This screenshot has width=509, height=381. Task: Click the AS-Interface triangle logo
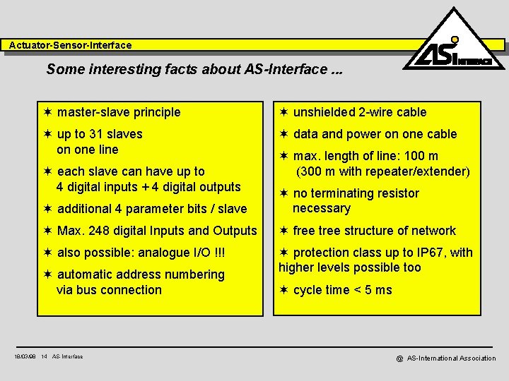coord(454,44)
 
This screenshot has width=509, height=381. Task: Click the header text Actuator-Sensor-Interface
coord(70,45)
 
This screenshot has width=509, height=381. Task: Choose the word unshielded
coord(325,112)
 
